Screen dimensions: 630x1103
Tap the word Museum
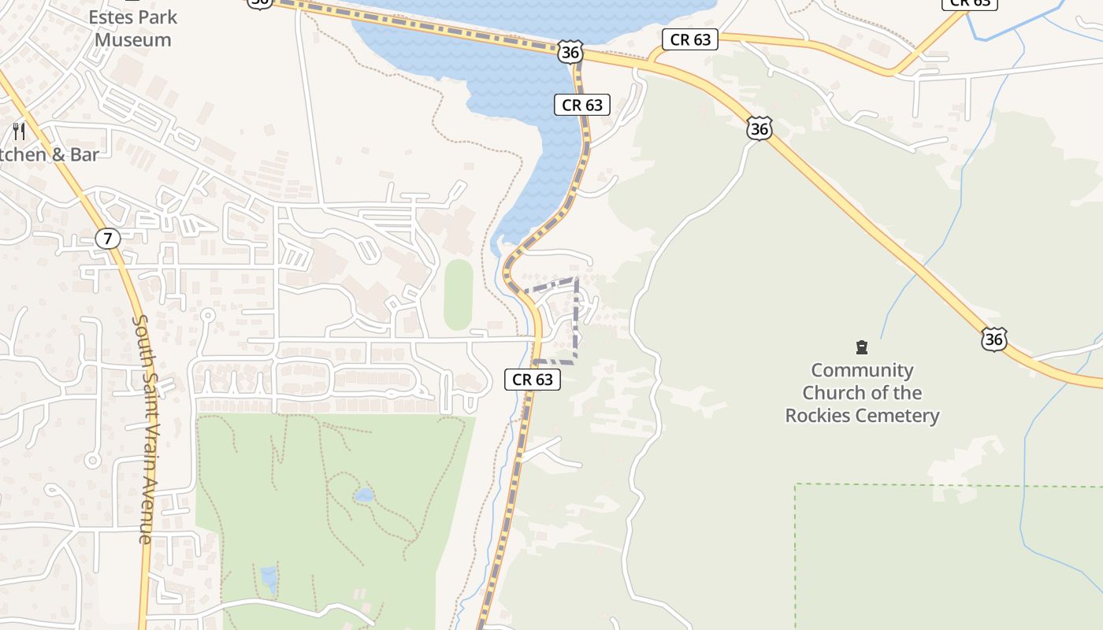tap(132, 39)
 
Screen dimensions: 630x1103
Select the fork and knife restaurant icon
tap(20, 132)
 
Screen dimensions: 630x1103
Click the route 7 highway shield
tap(108, 239)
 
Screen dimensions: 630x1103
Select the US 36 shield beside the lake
tap(570, 53)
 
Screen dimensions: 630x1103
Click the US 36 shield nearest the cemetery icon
tap(993, 339)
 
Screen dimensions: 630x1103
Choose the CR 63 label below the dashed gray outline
tap(533, 380)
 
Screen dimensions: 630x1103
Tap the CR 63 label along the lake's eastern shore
tap(582, 105)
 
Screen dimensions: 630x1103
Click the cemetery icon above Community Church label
tap(861, 347)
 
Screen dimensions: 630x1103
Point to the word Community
tap(862, 370)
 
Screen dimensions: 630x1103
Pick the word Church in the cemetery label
tap(837, 393)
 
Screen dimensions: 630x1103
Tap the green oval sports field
tap(458, 295)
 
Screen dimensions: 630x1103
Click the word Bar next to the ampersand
tap(84, 154)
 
